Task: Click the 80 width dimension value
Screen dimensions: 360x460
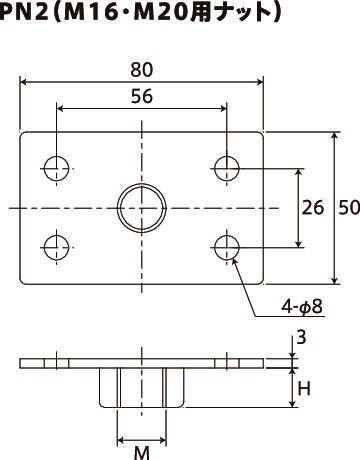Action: (x=142, y=70)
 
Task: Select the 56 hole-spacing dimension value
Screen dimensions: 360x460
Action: (x=142, y=96)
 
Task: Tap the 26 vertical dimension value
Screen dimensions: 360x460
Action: (x=313, y=207)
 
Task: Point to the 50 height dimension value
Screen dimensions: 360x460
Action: (x=349, y=207)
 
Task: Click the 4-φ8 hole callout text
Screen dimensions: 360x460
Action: (x=302, y=306)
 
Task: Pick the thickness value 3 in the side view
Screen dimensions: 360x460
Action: (x=301, y=338)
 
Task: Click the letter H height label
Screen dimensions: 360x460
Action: (x=304, y=389)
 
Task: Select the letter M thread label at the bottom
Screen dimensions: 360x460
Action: (x=142, y=453)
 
